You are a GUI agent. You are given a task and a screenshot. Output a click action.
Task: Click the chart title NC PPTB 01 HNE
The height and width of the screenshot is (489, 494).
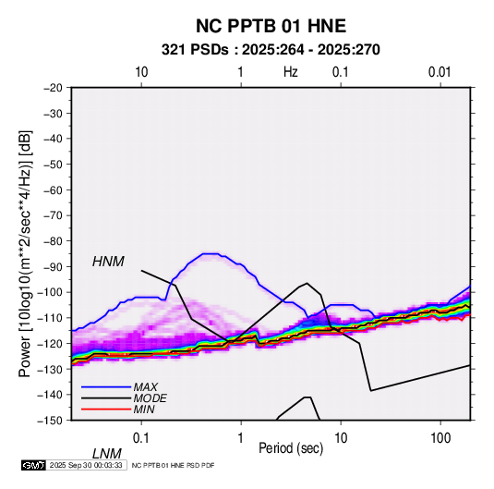point(271,26)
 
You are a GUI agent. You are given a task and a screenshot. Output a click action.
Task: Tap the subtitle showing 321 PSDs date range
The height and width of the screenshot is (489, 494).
point(271,50)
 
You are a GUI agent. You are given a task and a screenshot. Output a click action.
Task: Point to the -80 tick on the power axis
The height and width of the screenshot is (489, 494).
point(53,241)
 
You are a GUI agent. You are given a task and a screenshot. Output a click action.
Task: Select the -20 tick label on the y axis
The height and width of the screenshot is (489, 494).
point(53,88)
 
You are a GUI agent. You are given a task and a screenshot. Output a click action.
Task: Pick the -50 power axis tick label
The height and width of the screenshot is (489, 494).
point(53,165)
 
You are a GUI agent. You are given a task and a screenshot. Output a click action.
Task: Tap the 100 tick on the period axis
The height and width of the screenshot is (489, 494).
point(440,438)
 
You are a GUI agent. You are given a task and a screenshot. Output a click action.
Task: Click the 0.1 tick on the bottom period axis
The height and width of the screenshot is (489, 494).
point(140,438)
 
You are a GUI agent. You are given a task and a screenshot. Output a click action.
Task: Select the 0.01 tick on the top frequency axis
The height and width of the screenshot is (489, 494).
point(440,72)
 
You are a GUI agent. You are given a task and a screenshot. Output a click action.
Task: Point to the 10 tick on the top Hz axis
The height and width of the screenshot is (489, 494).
point(141,72)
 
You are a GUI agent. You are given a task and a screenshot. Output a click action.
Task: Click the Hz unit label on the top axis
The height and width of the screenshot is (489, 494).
point(291,72)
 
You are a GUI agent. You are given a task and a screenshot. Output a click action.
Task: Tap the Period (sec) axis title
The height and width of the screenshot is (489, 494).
point(291,448)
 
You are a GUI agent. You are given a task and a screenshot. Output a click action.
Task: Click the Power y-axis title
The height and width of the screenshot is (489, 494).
point(25,253)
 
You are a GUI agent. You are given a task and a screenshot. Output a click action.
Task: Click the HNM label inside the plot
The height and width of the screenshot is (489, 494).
point(108,262)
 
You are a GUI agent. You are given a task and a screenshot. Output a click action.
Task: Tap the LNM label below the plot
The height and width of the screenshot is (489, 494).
point(107,454)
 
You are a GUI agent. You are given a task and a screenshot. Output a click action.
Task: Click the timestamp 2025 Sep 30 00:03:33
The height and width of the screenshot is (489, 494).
point(86,465)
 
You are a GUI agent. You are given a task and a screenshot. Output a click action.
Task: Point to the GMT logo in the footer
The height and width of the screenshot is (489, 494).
point(33,465)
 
